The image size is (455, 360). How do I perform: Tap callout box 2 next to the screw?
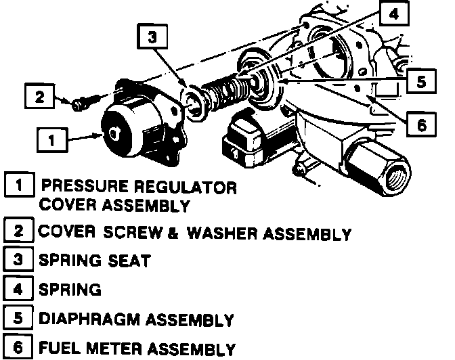click(x=39, y=97)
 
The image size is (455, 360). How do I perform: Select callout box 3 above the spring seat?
click(x=152, y=39)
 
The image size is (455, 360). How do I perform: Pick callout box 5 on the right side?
click(x=421, y=82)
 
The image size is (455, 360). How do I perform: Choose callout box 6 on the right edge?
click(x=420, y=125)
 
